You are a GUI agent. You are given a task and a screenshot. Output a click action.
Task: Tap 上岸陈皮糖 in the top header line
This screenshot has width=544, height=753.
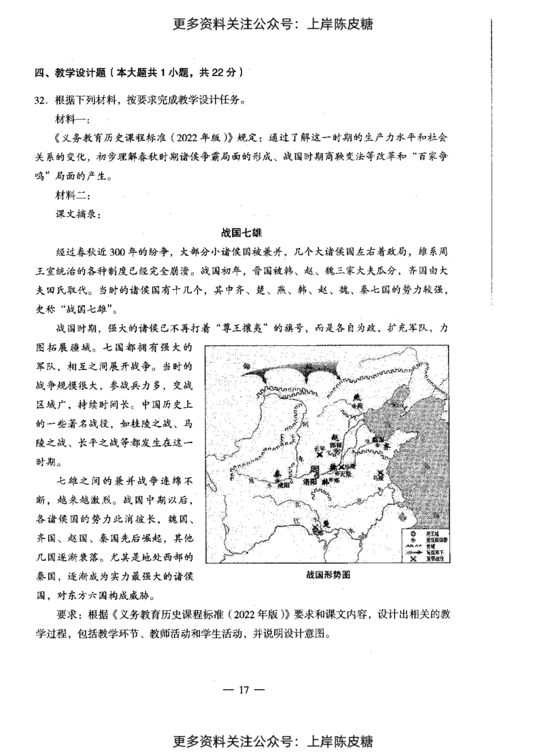pos(343,24)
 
